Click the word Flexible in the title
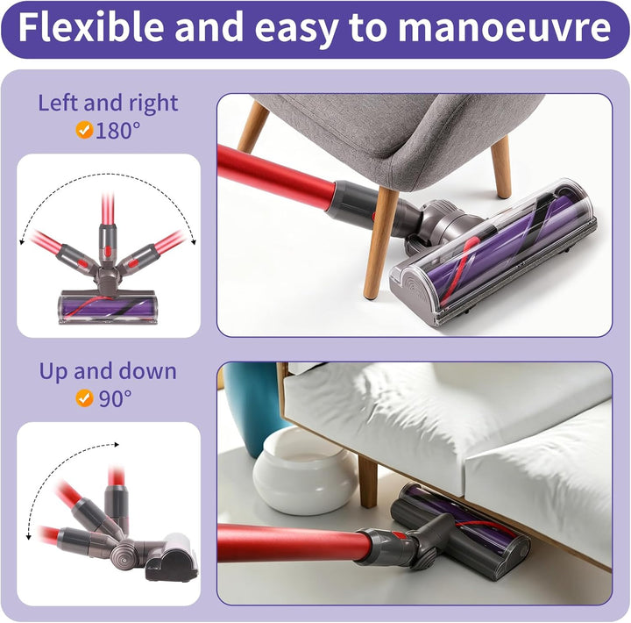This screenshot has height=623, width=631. pos(91,27)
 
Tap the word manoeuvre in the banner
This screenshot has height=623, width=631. pos(505,28)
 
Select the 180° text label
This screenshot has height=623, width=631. pos(118,130)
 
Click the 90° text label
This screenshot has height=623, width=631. pos(115,398)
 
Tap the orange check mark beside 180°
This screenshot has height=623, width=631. pos(84,130)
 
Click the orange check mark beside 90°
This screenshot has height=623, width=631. pos(84,398)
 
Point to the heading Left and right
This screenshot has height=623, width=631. pos(108,104)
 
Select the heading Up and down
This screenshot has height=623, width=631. pos(108,371)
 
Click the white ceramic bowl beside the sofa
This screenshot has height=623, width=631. pos(304,471)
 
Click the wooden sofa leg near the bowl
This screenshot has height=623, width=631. pos(367,482)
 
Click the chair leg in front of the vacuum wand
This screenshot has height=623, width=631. pos(379,243)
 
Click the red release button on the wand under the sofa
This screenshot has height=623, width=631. pos(398,535)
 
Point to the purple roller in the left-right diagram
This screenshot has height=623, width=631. pos(107,307)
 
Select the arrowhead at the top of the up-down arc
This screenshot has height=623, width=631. pos(117,445)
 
